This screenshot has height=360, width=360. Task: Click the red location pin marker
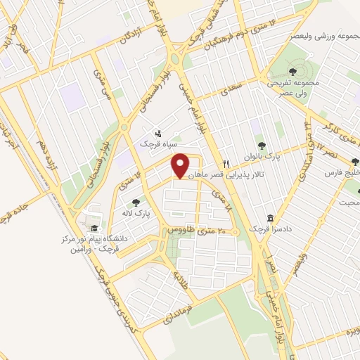[x=181, y=166]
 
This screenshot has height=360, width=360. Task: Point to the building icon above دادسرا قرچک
[x=270, y=219]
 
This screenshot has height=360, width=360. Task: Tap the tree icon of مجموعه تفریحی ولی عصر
[x=292, y=70]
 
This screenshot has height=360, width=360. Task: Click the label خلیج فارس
[x=342, y=171]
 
